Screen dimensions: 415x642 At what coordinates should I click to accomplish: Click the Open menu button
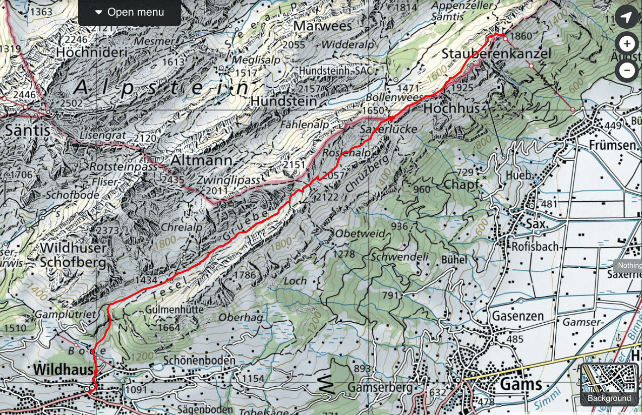click(130, 13)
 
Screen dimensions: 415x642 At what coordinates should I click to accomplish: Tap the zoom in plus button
click(627, 44)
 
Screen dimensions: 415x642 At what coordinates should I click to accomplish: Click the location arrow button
click(626, 18)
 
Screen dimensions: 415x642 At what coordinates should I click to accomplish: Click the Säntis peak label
click(28, 130)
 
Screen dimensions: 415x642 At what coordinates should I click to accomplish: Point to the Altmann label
click(202, 160)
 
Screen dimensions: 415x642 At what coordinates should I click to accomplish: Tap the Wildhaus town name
click(63, 370)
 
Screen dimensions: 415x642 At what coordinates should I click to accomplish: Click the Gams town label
click(521, 384)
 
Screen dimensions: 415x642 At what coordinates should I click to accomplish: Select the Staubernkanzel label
click(496, 54)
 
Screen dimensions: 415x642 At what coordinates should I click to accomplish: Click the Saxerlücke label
click(389, 130)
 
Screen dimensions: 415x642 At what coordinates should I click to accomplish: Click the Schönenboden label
click(199, 361)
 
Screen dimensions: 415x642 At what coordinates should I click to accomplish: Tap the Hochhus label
click(451, 108)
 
